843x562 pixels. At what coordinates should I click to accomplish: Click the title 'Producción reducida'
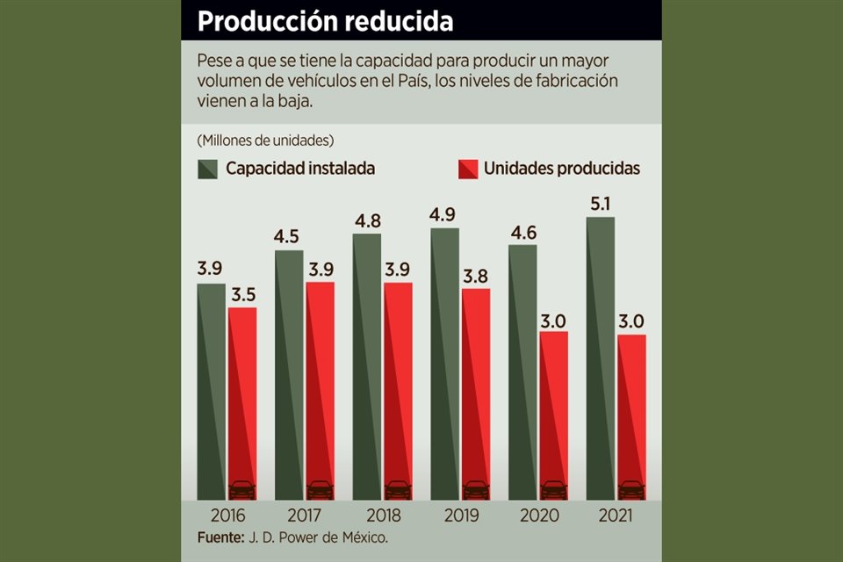pos(325,21)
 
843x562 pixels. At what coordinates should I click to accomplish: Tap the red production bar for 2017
pos(320,386)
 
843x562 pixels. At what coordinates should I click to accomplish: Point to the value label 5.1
pos(601,205)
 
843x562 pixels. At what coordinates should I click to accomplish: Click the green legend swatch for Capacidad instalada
pos(207,169)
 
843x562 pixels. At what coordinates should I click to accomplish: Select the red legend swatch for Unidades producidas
pos(466,169)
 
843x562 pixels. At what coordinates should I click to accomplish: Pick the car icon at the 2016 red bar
pos(241,489)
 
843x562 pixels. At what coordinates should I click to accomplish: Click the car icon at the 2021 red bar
pos(630,489)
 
